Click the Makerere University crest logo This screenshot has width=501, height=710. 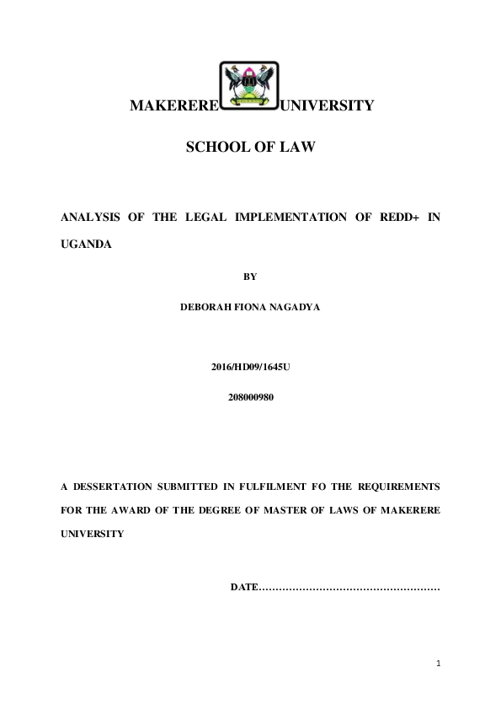click(x=249, y=87)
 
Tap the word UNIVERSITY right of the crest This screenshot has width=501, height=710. click(x=326, y=106)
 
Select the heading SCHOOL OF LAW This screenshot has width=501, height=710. click(x=250, y=148)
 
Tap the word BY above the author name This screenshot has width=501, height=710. click(x=250, y=276)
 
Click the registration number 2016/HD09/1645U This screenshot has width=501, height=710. click(x=250, y=369)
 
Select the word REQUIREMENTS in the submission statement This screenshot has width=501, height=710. click(x=398, y=487)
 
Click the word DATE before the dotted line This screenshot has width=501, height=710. click(x=243, y=586)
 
